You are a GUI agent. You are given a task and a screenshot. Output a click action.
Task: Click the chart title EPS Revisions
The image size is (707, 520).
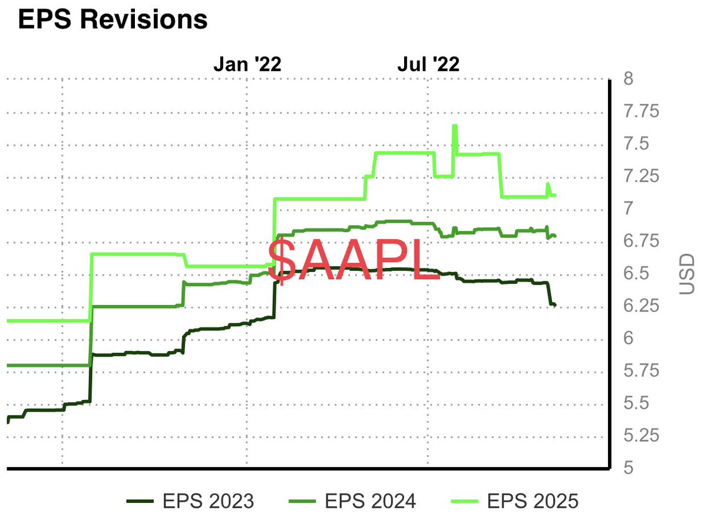[113, 19]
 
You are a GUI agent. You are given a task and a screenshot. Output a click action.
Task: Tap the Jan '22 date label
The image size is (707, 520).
[247, 64]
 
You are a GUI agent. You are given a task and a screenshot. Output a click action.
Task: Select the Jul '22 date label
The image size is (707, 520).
[428, 64]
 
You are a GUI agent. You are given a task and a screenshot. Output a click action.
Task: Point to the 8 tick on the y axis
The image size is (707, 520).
[628, 78]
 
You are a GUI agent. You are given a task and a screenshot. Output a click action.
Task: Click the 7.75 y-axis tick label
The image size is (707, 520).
[641, 111]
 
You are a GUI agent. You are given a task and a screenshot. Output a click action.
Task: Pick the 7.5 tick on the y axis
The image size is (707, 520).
[636, 144]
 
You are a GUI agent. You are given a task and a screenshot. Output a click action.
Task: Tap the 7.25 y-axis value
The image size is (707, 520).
[641, 175]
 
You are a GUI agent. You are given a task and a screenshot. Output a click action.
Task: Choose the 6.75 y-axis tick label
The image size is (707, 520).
[641, 241]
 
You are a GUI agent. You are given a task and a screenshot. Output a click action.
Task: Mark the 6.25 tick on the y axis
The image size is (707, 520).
[641, 306]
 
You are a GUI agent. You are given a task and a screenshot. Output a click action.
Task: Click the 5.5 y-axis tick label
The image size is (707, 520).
[636, 403]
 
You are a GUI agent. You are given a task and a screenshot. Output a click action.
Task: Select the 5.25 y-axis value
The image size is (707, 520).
[641, 435]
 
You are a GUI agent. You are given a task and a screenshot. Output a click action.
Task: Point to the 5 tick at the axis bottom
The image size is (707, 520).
[628, 468]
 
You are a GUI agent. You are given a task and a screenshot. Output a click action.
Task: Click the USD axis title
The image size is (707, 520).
[687, 274]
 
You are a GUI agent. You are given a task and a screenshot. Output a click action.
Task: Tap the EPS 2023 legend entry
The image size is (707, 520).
[190, 501]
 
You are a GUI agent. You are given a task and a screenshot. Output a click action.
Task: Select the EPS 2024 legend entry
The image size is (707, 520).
[352, 501]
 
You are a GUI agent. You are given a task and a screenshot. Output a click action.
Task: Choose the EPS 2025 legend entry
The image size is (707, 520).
[515, 501]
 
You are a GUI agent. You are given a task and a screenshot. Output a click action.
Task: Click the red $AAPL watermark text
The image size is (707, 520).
[353, 260]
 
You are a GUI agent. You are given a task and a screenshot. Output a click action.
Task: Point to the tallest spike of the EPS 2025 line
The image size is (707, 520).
[454, 125]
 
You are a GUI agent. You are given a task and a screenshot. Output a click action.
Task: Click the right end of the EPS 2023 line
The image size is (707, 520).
[555, 305]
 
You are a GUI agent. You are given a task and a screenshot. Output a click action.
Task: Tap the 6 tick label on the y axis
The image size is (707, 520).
[628, 338]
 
